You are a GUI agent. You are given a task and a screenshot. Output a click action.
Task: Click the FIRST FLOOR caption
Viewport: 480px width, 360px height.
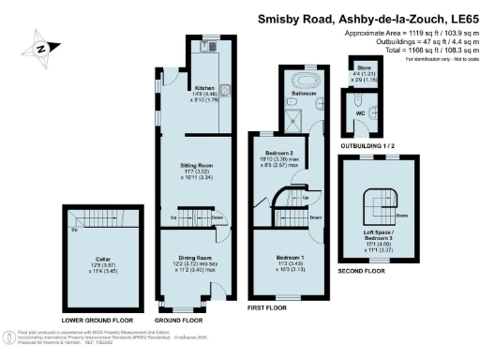click(271, 307)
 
